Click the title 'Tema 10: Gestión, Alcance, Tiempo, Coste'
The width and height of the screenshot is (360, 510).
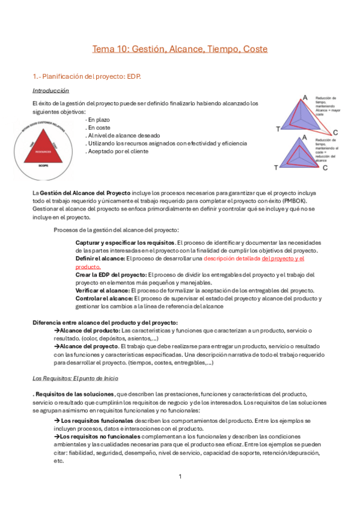(x=180, y=49)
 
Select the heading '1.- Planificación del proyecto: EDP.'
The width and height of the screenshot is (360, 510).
(x=87, y=77)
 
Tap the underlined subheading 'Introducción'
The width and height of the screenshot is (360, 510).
(x=50, y=91)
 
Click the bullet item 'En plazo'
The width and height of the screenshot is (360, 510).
(x=99, y=120)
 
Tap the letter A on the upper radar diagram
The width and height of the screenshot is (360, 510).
(x=305, y=97)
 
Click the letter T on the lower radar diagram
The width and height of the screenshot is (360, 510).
(x=276, y=167)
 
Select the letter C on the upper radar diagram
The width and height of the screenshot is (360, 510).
(x=335, y=132)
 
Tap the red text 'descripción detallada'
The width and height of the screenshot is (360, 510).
(x=232, y=258)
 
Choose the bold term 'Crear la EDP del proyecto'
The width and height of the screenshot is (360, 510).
(x=111, y=274)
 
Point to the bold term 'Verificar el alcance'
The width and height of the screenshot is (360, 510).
(x=103, y=290)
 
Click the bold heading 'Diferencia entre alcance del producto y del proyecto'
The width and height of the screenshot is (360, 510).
(x=105, y=322)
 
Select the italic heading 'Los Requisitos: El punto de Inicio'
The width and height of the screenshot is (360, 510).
(x=75, y=378)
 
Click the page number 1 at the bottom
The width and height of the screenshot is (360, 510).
(x=180, y=476)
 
